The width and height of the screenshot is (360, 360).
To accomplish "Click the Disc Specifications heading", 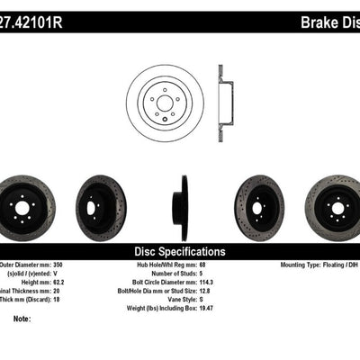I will click(180, 251).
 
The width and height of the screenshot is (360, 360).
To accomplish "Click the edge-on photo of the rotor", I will click(184, 208).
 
